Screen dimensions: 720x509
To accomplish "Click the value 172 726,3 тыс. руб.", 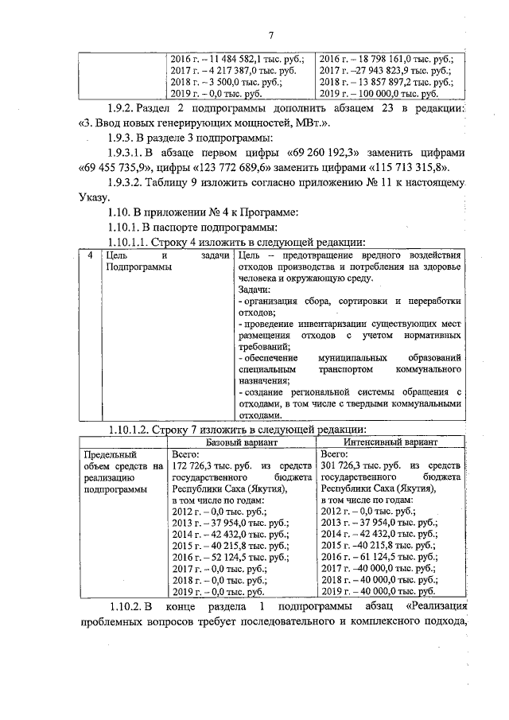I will pos(205,464).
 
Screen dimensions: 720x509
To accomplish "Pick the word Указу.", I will pos(94,198).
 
